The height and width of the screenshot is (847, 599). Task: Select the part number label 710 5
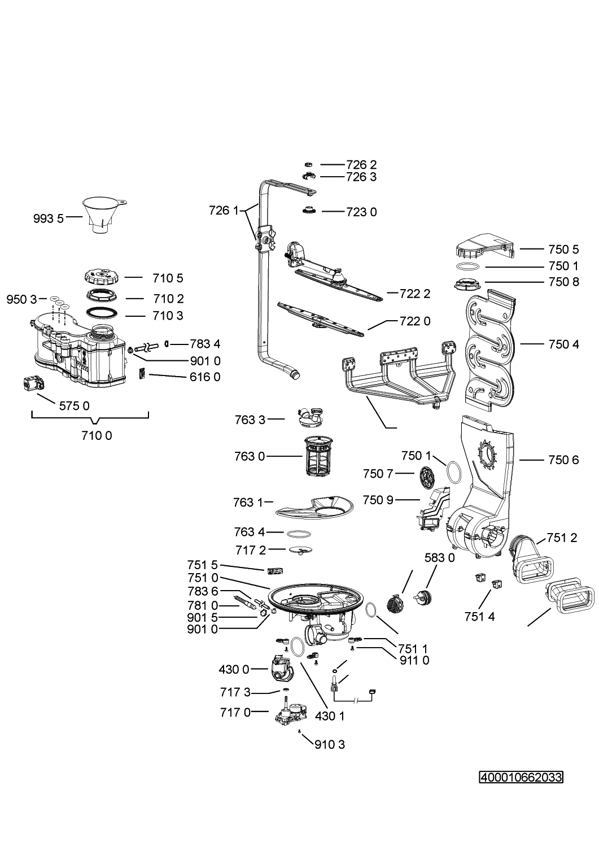coord(168,278)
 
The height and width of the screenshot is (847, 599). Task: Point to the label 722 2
coord(415,294)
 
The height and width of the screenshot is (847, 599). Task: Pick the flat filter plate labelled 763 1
coord(314,508)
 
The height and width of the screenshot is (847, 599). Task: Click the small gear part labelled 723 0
coord(309,211)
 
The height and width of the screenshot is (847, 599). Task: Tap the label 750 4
coord(563,344)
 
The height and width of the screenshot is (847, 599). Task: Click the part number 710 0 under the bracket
coord(97,436)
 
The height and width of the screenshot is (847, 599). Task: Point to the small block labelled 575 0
coord(32,384)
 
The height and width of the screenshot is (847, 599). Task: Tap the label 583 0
coord(439,558)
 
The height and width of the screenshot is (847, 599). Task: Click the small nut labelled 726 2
coord(309,164)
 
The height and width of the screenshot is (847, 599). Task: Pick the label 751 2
coord(562,538)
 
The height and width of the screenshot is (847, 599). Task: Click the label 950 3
coord(21,300)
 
